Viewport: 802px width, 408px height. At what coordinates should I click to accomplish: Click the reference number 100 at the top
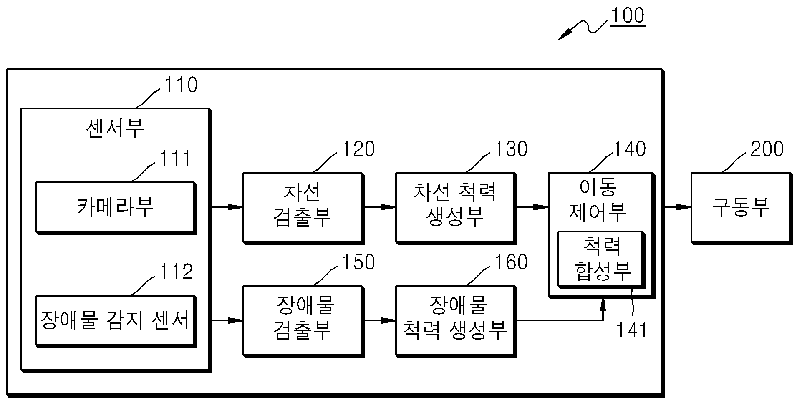(x=627, y=15)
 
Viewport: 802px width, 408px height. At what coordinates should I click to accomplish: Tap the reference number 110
(x=181, y=85)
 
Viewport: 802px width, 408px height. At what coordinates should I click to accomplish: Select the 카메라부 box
(x=116, y=207)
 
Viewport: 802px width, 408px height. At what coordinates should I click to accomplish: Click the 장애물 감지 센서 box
(x=116, y=321)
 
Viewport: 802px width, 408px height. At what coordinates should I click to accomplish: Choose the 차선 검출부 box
(x=303, y=207)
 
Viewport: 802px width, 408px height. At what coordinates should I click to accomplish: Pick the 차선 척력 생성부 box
(x=456, y=207)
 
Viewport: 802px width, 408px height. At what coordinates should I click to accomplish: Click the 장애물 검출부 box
(x=303, y=321)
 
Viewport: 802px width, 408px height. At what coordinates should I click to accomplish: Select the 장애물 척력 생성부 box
(x=456, y=321)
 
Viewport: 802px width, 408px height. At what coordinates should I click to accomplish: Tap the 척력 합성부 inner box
(x=602, y=259)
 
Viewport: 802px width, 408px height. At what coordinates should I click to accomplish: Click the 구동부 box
(x=741, y=207)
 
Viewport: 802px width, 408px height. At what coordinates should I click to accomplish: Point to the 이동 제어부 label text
(x=598, y=200)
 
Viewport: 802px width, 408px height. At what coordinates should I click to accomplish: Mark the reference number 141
(x=631, y=330)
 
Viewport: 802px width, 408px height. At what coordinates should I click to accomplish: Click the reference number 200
(x=767, y=149)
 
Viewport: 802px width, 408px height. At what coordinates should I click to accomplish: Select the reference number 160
(x=511, y=262)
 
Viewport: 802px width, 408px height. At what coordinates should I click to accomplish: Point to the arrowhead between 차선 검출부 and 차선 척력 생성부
(x=388, y=207)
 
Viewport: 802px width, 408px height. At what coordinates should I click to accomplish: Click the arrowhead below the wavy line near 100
(x=565, y=35)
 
